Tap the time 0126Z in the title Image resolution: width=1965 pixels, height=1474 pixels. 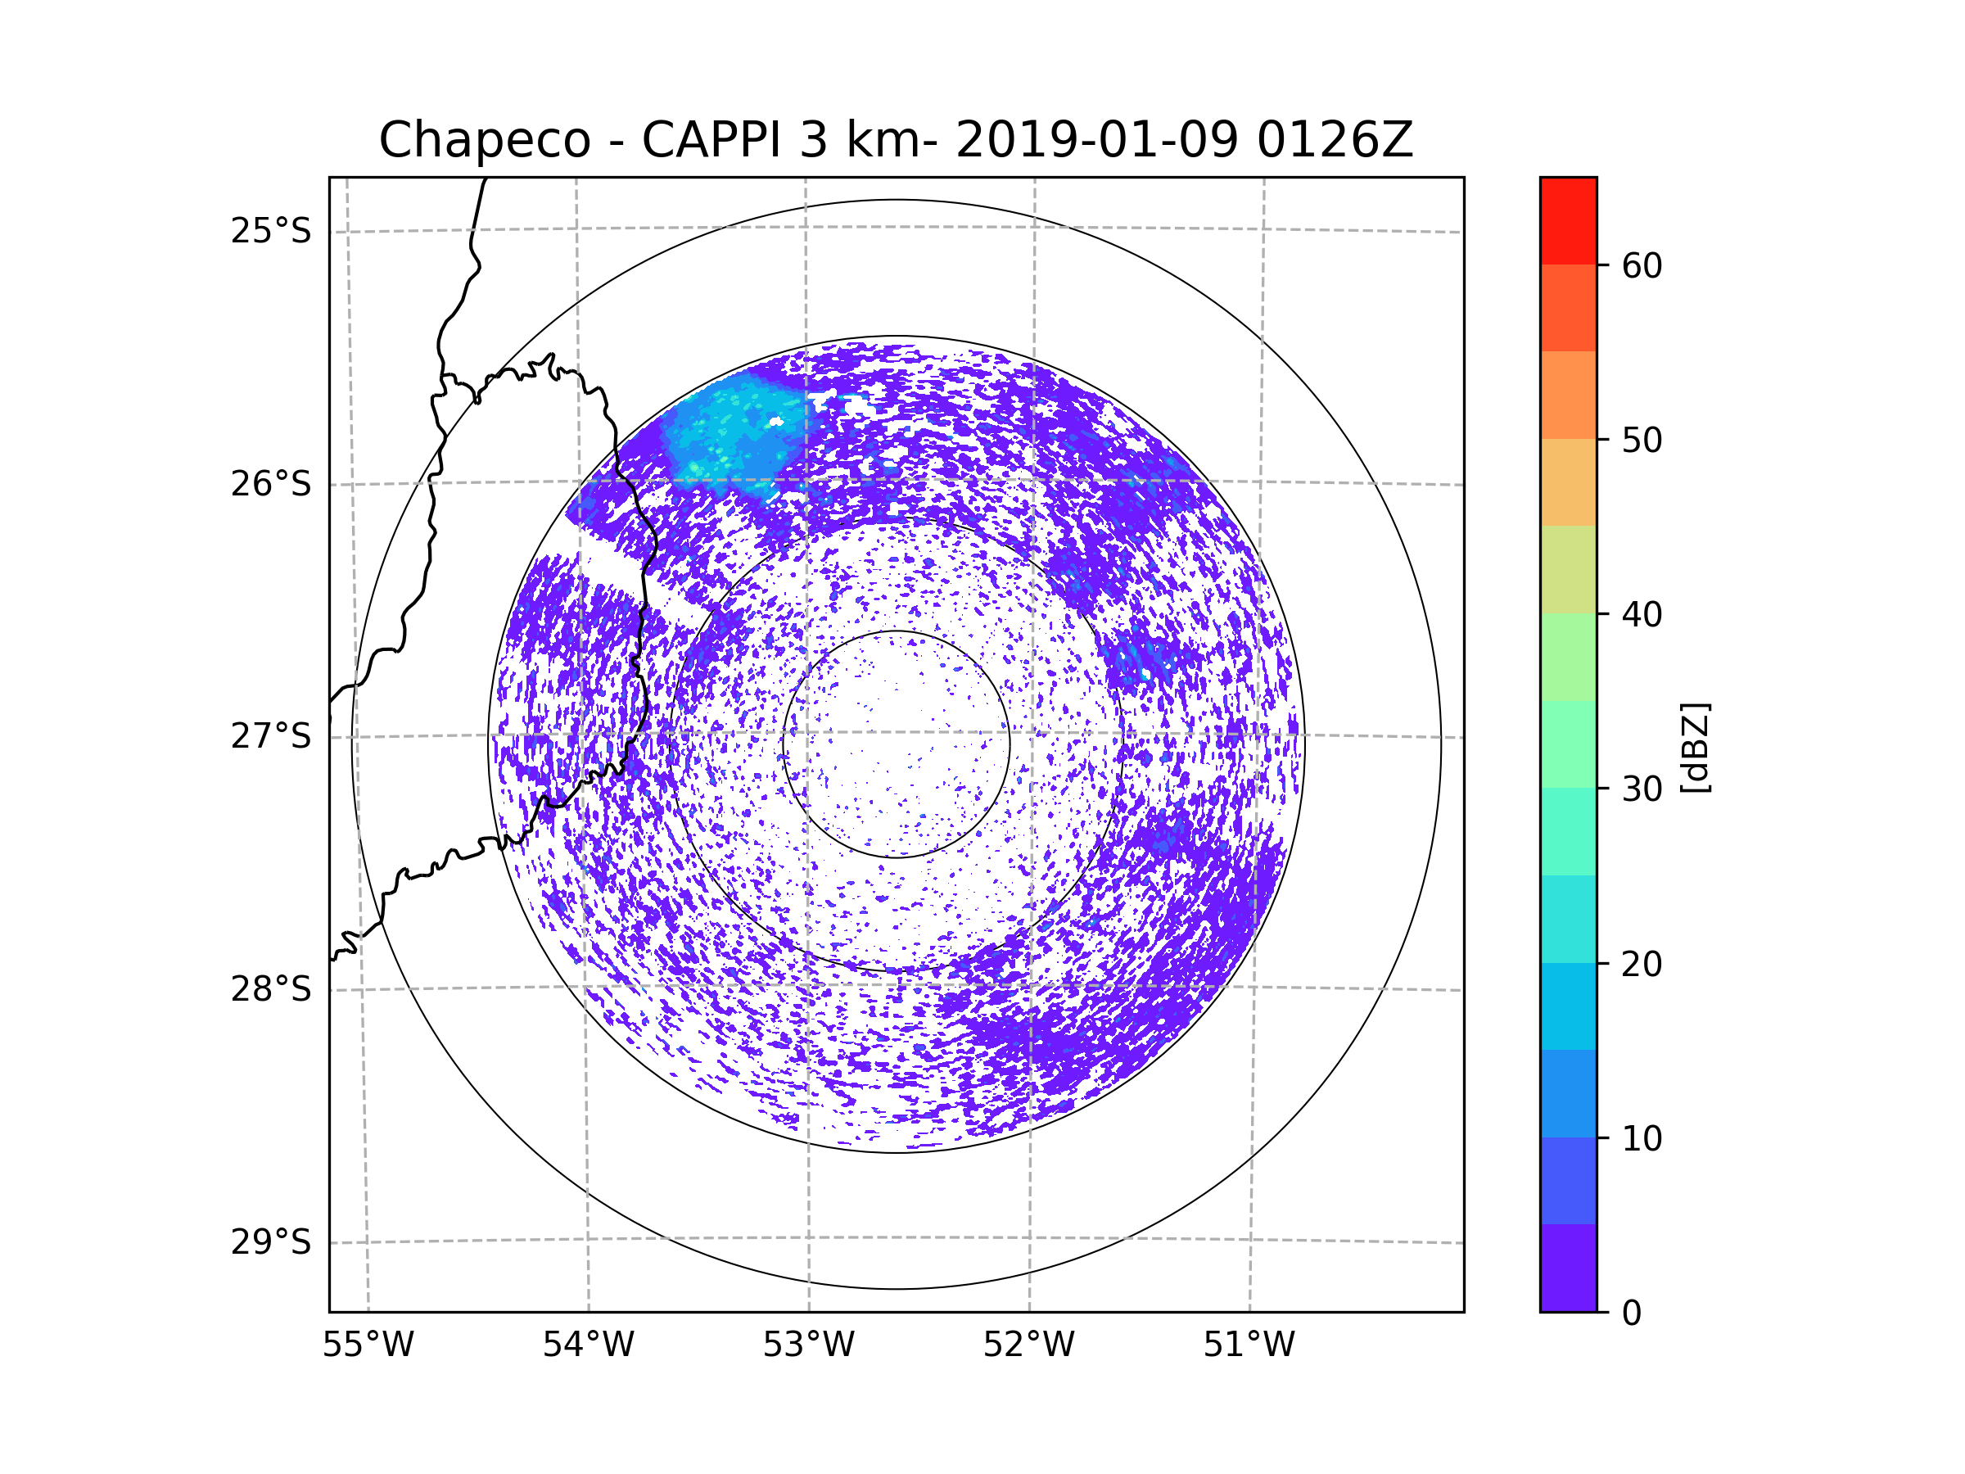click(1334, 139)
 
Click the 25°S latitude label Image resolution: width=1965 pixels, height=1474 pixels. click(271, 231)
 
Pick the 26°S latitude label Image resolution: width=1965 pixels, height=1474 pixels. click(271, 484)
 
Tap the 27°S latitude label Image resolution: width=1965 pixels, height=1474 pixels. click(271, 736)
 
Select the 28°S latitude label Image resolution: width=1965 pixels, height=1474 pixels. click(271, 989)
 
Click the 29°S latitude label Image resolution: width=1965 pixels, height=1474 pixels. click(271, 1242)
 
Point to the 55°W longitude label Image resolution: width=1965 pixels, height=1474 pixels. click(368, 1345)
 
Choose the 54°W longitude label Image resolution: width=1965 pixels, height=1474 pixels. click(588, 1345)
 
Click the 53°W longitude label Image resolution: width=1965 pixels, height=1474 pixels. click(808, 1345)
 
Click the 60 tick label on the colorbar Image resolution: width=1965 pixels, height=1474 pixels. click(1642, 265)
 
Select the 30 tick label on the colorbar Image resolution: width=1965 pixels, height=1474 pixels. click(1642, 789)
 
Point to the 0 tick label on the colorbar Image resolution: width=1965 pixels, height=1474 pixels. click(1632, 1313)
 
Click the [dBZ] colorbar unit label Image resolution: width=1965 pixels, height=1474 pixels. click(1696, 747)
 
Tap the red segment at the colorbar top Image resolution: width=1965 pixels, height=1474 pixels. click(1569, 220)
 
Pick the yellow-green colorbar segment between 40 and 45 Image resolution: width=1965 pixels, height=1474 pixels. click(1569, 569)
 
